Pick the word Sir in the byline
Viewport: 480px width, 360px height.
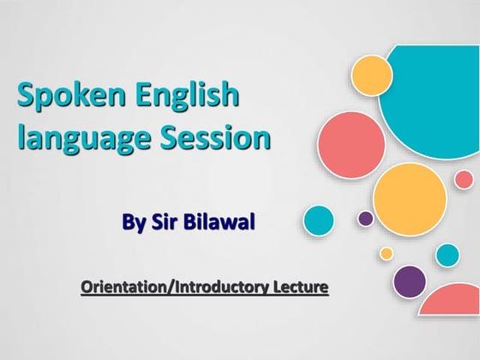coord(165,224)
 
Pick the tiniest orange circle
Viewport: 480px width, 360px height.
coord(387,253)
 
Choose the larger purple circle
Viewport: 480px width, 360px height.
coord(410,281)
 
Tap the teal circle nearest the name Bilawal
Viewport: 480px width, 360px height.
coord(319,220)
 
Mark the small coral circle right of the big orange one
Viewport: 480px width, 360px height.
coord(464,179)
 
